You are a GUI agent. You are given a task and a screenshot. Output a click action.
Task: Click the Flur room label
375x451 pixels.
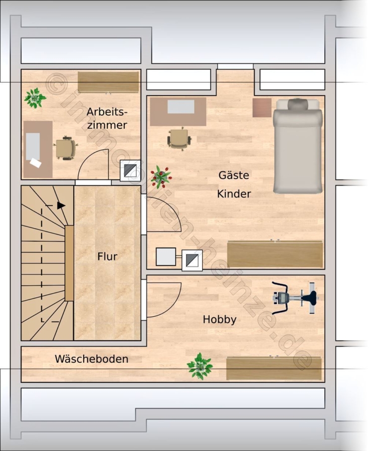point(107,256)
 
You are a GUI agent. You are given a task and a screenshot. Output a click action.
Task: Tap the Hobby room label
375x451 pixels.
point(220,320)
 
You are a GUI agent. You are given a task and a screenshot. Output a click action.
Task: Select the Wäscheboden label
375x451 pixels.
point(92,359)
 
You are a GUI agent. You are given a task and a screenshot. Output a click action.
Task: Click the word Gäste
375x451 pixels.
point(234,175)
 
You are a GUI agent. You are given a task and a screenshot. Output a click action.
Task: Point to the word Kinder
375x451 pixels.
point(234,194)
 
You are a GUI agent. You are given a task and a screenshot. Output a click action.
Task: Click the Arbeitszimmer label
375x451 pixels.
point(107,118)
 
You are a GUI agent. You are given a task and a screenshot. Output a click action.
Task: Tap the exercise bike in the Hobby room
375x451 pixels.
point(294,298)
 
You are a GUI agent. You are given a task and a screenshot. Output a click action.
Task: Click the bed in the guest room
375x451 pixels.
point(297,146)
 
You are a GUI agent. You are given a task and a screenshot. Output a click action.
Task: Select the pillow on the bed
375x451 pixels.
point(297,104)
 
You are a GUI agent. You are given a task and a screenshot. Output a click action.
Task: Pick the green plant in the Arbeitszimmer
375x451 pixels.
point(35,98)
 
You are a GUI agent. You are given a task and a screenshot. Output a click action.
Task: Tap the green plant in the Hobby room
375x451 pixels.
point(200,366)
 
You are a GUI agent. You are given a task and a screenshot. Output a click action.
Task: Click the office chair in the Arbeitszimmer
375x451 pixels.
point(66,148)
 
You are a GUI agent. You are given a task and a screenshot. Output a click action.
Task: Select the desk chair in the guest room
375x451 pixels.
point(179,139)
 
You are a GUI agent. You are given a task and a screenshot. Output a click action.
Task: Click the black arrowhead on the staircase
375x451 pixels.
point(61,205)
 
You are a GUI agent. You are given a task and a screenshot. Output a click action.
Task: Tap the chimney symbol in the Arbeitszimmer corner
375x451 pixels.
point(130,170)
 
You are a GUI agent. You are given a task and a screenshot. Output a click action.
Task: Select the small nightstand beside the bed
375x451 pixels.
point(262,108)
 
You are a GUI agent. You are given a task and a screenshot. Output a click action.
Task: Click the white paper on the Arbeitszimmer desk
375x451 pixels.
point(36,163)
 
